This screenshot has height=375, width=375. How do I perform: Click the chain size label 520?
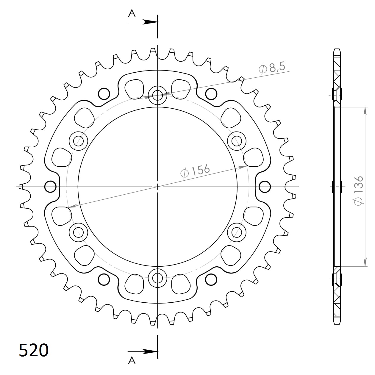tap(33, 350)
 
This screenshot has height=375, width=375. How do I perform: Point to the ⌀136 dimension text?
tap(359, 190)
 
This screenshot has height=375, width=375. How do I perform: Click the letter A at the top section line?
tap(132, 13)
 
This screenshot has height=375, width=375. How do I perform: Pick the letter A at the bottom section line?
tap(132, 360)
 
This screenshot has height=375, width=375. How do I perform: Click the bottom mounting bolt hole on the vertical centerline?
tap(157, 278)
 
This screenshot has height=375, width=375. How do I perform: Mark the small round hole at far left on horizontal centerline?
tap(50, 187)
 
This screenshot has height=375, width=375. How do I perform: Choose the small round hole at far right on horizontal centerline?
tap(265, 187)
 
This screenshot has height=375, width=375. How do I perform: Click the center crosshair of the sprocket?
tap(157, 187)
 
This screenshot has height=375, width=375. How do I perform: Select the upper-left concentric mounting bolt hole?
tap(79, 140)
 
